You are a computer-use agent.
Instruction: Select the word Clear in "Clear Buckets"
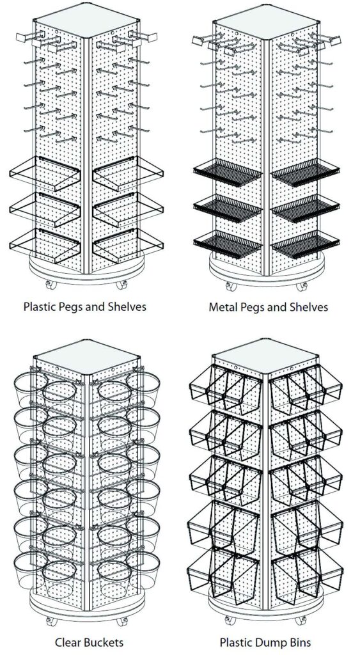click(67, 642)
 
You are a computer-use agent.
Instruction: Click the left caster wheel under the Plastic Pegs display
click(51, 285)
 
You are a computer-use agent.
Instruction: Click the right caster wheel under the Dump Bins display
click(301, 620)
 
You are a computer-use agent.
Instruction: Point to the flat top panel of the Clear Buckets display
click(87, 358)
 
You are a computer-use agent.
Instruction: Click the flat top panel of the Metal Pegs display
click(268, 22)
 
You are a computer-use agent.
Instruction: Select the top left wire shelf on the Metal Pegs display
click(227, 172)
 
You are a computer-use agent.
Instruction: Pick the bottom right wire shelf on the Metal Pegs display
click(305, 245)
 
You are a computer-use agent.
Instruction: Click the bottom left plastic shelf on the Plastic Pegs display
click(45, 246)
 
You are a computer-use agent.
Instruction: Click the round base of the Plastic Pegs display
click(87, 271)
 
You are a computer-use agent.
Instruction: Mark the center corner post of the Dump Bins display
click(264, 493)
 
